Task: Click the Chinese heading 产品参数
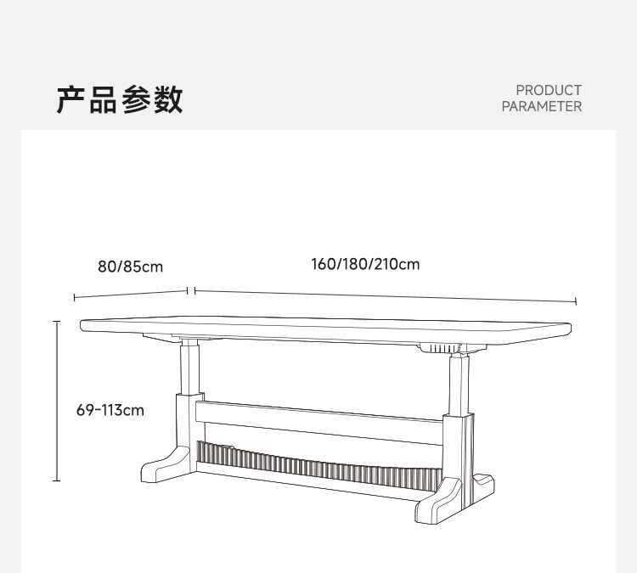point(120,99)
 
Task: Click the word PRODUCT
point(549,90)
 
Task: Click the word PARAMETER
point(541,107)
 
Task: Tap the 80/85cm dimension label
point(130,267)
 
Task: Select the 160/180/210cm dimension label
point(365,264)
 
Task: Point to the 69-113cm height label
point(110,411)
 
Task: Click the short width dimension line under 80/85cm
point(130,294)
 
